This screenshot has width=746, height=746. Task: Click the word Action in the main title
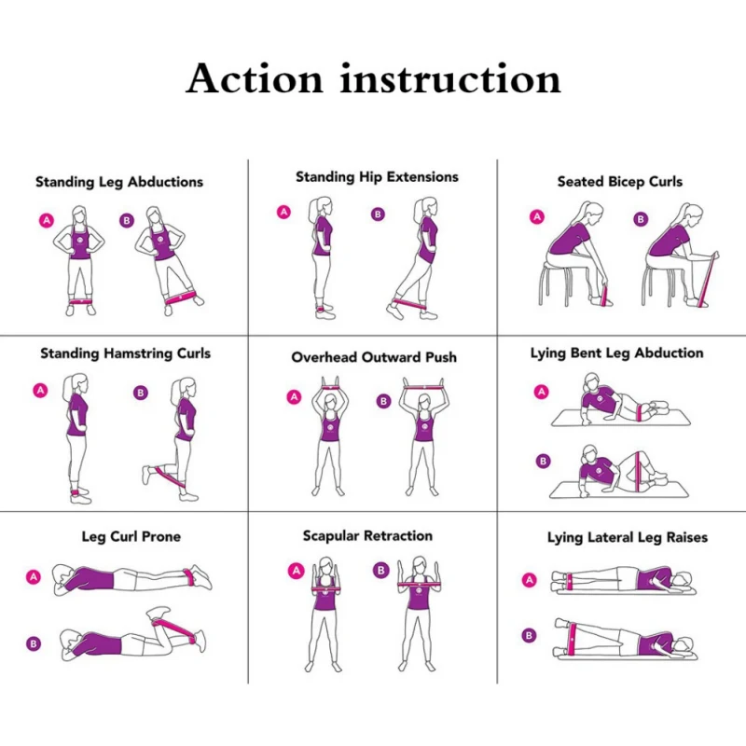[x=255, y=78]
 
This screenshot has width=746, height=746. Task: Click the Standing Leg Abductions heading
[x=119, y=182]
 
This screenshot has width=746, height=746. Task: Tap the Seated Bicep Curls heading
[x=620, y=182]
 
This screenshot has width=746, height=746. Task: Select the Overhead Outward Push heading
[x=374, y=357]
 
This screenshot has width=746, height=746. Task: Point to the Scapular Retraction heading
[x=367, y=536]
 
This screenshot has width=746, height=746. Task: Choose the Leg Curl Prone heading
[x=131, y=537]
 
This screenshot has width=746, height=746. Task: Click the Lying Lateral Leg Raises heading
[x=627, y=538]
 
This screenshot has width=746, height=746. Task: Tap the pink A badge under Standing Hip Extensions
[x=284, y=213]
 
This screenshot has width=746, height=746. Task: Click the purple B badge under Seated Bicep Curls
[x=641, y=219]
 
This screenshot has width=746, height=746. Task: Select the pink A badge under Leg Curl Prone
[x=34, y=577]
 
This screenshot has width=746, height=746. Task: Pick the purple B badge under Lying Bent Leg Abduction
[x=543, y=461]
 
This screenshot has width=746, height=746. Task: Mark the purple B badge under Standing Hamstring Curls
[x=141, y=393]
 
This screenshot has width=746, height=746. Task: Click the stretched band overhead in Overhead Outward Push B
[x=423, y=388]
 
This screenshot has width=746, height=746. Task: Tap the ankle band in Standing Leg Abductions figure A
[x=81, y=301]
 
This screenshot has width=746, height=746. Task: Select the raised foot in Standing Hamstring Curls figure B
[x=147, y=476]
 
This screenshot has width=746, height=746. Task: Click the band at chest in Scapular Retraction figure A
[x=325, y=590]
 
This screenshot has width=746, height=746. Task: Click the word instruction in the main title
[x=450, y=78]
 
